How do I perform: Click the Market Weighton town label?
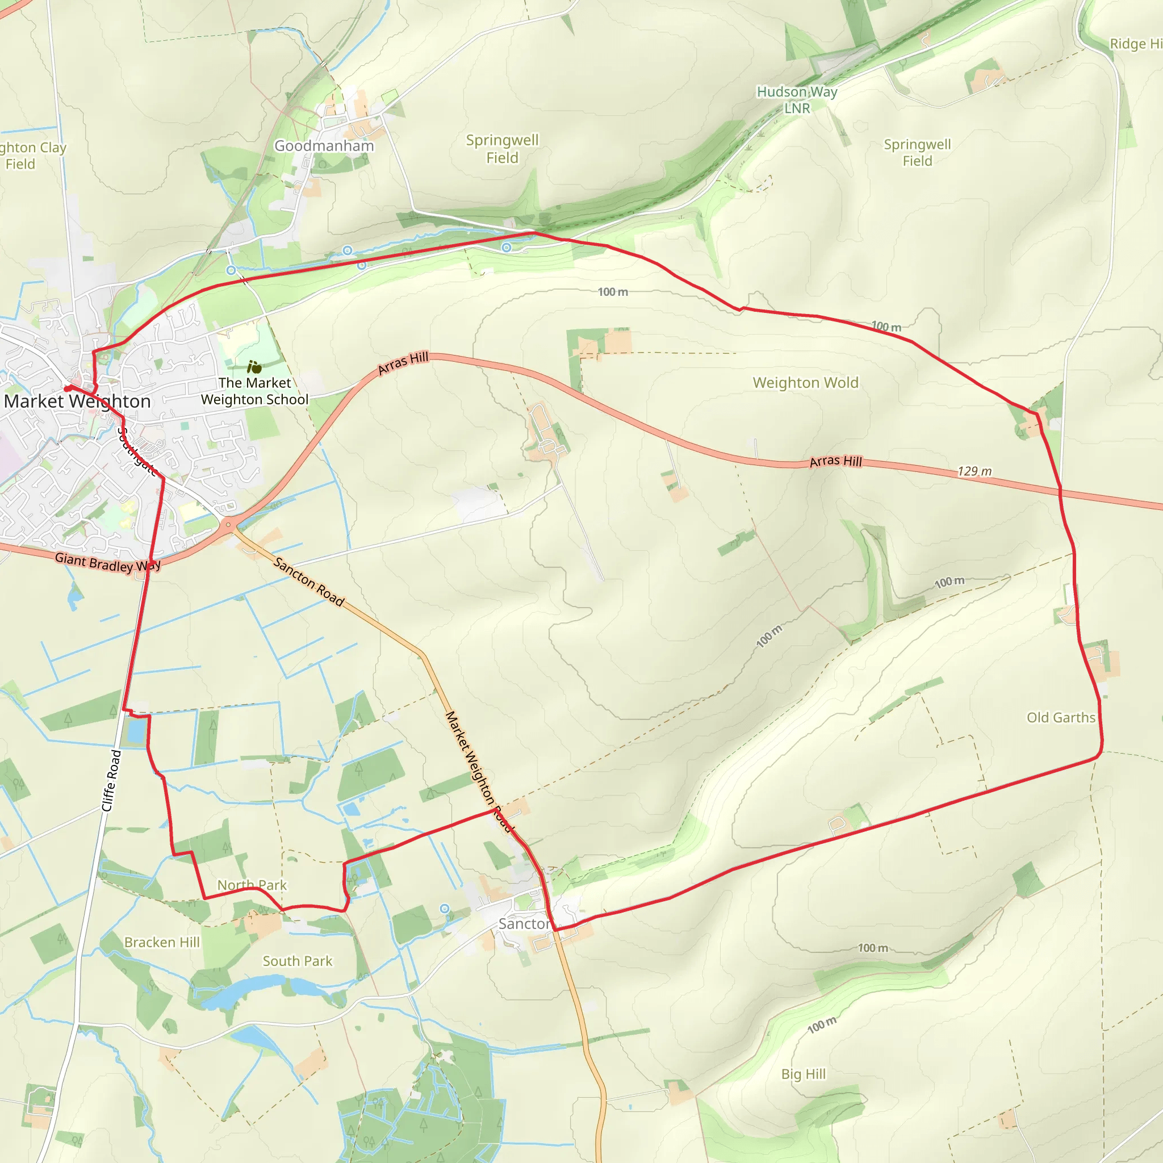pos(77,401)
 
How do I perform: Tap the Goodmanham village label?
pos(324,147)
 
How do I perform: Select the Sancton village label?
pos(524,923)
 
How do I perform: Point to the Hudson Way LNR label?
pos(797,100)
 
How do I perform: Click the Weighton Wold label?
pos(805,383)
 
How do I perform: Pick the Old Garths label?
pos(1061,718)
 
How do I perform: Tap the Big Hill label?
pos(804,1074)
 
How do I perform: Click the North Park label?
pos(252,885)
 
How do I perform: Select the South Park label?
pos(298,961)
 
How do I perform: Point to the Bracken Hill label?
pos(162,942)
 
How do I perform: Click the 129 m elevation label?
pos(974,471)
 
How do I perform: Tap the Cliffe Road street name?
pos(111,780)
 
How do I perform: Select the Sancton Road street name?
pos(309,581)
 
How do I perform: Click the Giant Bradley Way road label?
pos(107,563)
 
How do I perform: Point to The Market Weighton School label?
pos(254,391)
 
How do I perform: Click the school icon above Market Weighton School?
pos(254,367)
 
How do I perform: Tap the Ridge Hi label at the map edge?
pos(1135,44)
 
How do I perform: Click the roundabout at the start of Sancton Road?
pos(228,525)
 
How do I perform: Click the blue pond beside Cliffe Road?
pos(137,731)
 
